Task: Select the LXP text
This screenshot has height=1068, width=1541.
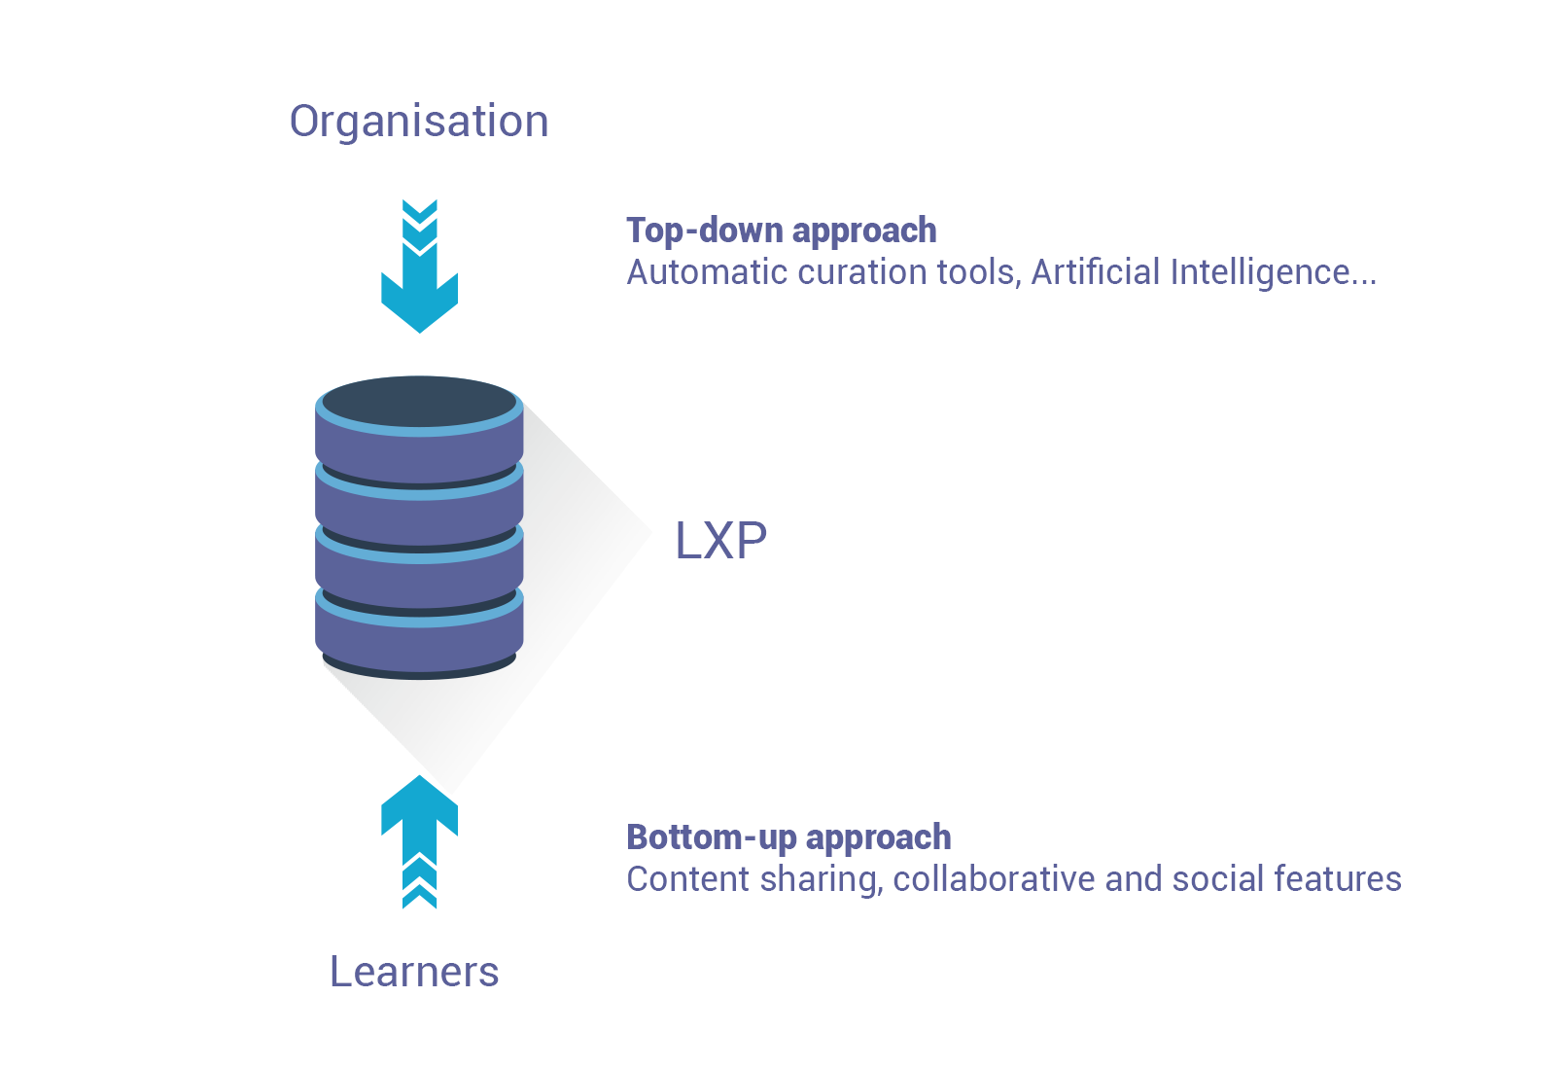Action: click(721, 541)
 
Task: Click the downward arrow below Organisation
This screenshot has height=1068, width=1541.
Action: click(420, 267)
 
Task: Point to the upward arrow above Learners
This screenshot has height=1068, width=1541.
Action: click(420, 841)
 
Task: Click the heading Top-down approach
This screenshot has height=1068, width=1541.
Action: click(782, 231)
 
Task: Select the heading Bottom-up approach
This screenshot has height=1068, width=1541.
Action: click(789, 838)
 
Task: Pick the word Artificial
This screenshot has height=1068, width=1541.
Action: click(1096, 271)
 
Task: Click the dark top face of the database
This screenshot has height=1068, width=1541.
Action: click(420, 401)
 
